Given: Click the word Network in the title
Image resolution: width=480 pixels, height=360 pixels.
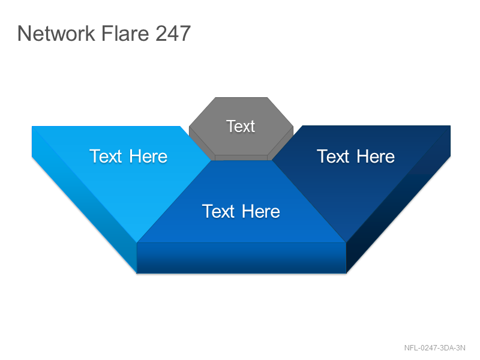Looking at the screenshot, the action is pyautogui.click(x=56, y=33).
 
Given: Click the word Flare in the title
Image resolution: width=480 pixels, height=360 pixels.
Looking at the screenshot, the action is pyautogui.click(x=125, y=33).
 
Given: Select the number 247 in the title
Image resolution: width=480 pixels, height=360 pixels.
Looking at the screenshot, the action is pyautogui.click(x=173, y=33).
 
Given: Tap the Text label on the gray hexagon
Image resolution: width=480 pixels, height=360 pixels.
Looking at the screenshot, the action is pyautogui.click(x=241, y=126).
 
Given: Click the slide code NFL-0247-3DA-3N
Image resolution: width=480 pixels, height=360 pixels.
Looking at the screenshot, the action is pyautogui.click(x=434, y=348).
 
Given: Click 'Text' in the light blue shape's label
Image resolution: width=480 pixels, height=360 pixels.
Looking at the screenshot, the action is pyautogui.click(x=106, y=157).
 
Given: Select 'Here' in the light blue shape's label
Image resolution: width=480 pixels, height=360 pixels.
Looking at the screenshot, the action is pyautogui.click(x=148, y=157).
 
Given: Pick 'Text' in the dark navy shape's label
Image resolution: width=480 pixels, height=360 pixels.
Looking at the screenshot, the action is pyautogui.click(x=333, y=157).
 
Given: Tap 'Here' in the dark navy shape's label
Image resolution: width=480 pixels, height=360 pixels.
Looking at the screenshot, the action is pyautogui.click(x=376, y=157).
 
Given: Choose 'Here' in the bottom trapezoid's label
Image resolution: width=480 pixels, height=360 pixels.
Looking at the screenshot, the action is pyautogui.click(x=261, y=211).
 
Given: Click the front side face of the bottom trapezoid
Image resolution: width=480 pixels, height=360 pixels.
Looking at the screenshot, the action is pyautogui.click(x=241, y=258).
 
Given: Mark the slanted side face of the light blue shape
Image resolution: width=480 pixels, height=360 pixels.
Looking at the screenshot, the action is pyautogui.click(x=84, y=200).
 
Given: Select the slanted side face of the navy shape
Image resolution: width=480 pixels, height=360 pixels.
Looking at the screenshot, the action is pyautogui.click(x=398, y=199).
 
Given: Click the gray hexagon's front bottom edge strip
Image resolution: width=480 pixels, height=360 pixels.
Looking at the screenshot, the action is pyautogui.click(x=241, y=158).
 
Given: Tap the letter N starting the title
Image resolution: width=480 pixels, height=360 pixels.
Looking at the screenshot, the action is pyautogui.click(x=25, y=33).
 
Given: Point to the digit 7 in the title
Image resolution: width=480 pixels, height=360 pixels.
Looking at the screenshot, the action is pyautogui.click(x=185, y=33).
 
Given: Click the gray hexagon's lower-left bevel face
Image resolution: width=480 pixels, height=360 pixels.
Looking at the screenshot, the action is pyautogui.click(x=201, y=143).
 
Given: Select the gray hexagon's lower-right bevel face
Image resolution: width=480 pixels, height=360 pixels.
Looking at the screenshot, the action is pyautogui.click(x=281, y=142).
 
